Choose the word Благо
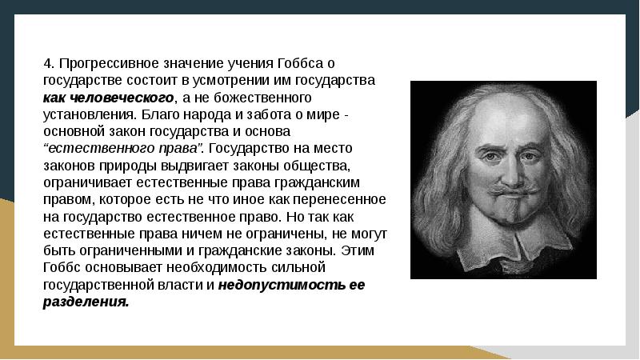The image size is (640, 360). (x=147, y=114)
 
